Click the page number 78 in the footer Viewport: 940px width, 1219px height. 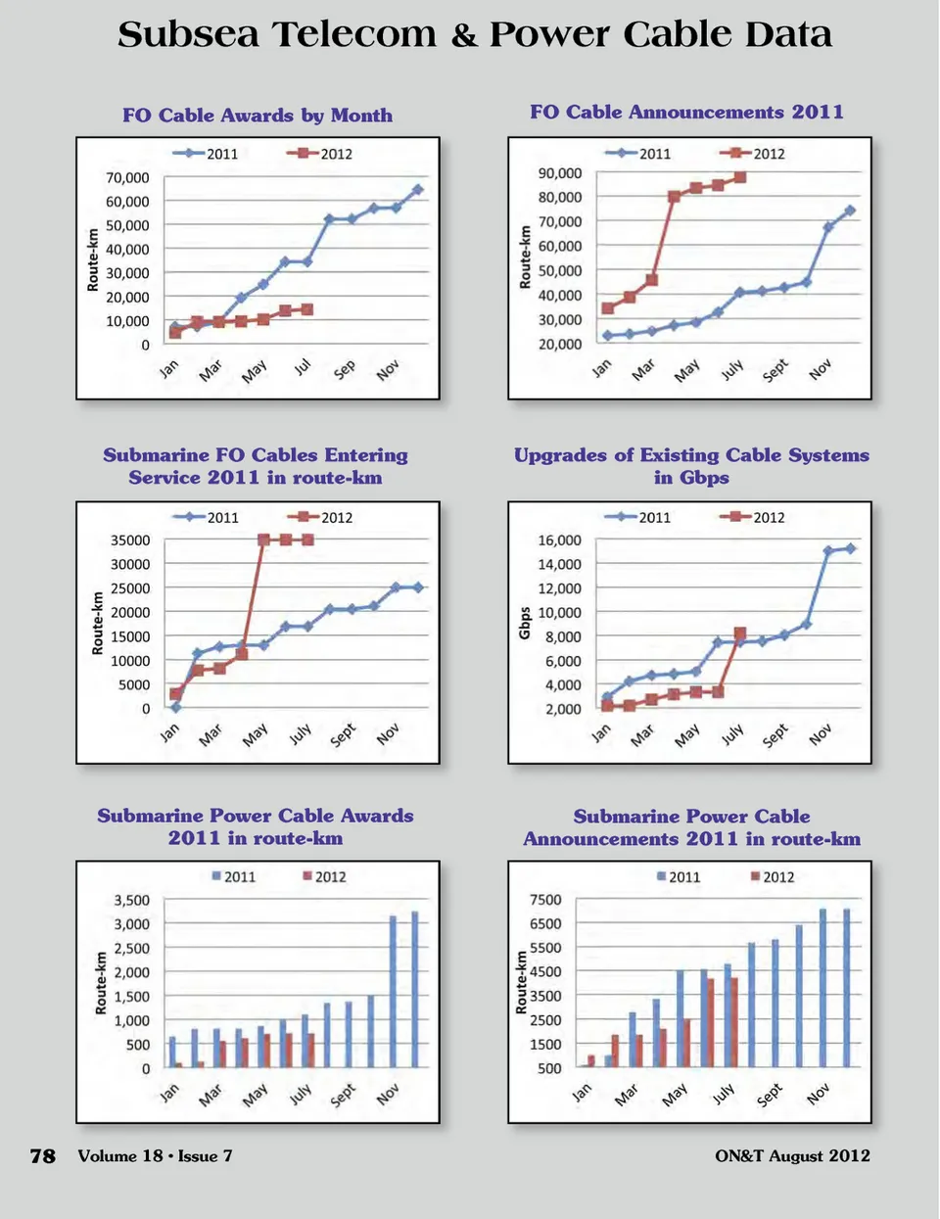click(43, 1156)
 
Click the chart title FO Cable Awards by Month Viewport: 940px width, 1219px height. click(258, 116)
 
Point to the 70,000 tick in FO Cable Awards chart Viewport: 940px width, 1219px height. click(127, 178)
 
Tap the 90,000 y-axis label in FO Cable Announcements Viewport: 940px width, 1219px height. click(560, 173)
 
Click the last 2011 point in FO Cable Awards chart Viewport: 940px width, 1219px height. click(418, 190)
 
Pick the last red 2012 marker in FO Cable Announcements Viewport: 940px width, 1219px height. click(740, 177)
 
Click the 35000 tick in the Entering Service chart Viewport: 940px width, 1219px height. click(130, 540)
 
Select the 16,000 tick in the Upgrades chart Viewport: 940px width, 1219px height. click(560, 540)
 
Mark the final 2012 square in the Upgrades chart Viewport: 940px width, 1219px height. click(740, 633)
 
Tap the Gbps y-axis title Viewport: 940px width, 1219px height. click(525, 624)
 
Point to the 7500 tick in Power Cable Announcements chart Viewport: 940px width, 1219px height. click(545, 900)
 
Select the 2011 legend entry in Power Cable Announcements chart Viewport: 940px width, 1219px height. click(679, 877)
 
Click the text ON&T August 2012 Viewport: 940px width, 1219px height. click(792, 1156)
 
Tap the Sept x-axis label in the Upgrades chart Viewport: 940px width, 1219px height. click(775, 735)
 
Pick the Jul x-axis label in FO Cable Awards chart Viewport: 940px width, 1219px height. click(303, 366)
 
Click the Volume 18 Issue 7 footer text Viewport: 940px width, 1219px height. click(155, 1156)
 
